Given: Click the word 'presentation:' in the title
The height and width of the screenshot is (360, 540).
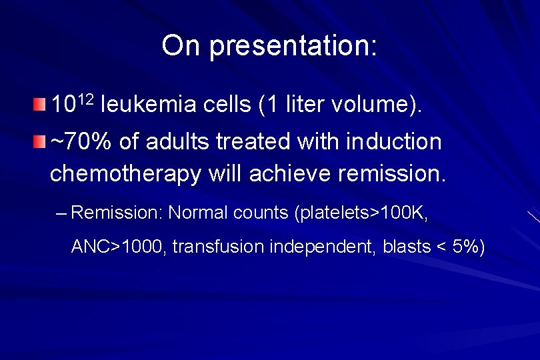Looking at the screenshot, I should pyautogui.click(x=293, y=46).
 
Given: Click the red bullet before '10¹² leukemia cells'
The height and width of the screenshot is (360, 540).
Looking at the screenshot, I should pyautogui.click(x=41, y=104).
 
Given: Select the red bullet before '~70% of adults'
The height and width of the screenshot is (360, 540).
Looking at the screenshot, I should pyautogui.click(x=41, y=141).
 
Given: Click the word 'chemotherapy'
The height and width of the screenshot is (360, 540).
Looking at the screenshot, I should pyautogui.click(x=125, y=174).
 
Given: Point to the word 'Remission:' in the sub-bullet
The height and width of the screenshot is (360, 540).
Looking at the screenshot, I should pyautogui.click(x=117, y=213).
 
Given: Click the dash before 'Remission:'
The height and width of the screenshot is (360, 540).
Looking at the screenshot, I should pyautogui.click(x=62, y=214).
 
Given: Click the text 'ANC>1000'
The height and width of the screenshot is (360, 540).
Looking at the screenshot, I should pyautogui.click(x=118, y=247).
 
